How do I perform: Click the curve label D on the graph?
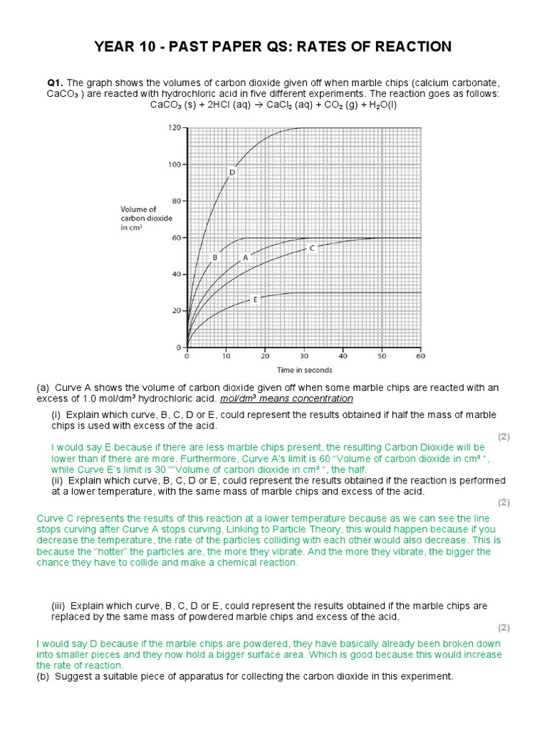point(231,172)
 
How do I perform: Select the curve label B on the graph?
point(214,257)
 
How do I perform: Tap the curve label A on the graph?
point(246,258)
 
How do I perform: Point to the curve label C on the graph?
point(312,248)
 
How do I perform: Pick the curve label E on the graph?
point(255,300)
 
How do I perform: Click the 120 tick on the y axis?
point(174,127)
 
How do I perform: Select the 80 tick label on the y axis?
point(176,201)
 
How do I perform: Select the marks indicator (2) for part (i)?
point(504,436)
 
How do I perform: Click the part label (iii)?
point(59,605)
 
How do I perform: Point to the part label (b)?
point(44,676)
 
